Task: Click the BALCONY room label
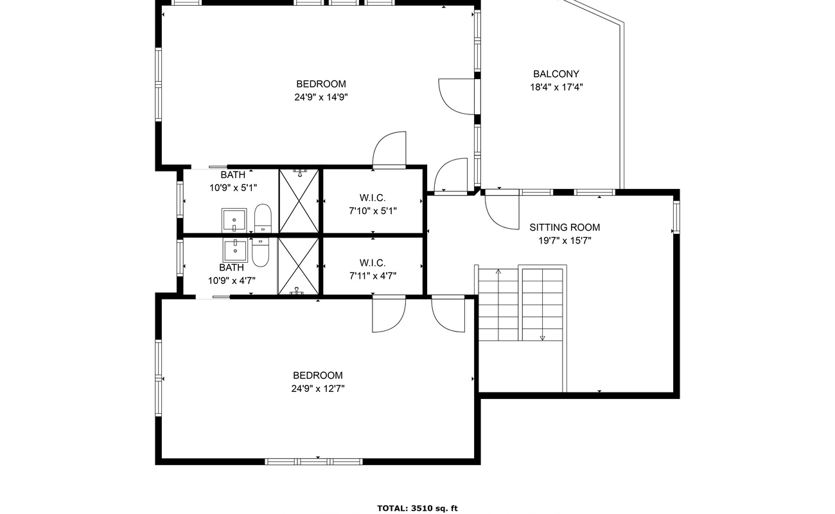coord(556,74)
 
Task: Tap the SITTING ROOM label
coord(565,227)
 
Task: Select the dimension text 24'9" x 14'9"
coord(321,98)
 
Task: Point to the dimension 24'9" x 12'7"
coord(318,389)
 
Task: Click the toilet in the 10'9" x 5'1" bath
coord(263,218)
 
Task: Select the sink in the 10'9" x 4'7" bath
coord(235,251)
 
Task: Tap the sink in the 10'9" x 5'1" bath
coord(234,220)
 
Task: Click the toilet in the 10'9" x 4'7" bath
coord(261,253)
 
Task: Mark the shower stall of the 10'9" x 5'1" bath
coord(299,201)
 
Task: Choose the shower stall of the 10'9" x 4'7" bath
coord(299,267)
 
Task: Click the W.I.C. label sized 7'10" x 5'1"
coord(373,198)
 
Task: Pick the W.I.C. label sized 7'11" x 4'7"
coord(373,263)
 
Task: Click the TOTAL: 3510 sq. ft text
coord(418,508)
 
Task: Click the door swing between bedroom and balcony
coord(457,96)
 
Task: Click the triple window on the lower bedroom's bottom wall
coord(314,462)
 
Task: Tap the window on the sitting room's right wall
coord(676,217)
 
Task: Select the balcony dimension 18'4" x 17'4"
coord(556,87)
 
